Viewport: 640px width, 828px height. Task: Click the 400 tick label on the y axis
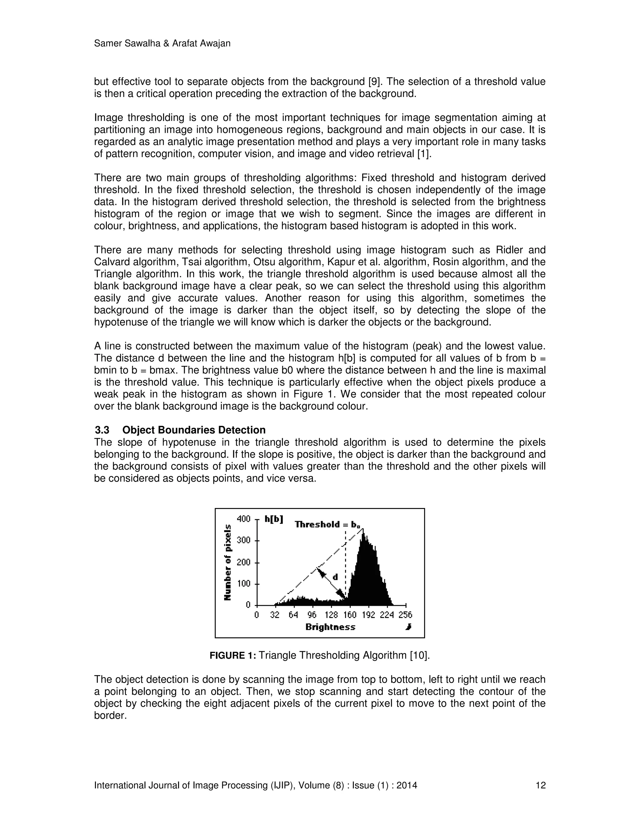[243, 519]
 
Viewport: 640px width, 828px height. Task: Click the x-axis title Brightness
[330, 627]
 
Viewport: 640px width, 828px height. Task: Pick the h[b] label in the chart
[274, 519]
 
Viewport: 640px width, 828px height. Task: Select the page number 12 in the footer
[540, 785]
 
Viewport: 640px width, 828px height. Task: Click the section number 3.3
[102, 430]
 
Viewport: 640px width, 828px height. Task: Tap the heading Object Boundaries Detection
[194, 430]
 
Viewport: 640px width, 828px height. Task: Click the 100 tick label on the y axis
[243, 583]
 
